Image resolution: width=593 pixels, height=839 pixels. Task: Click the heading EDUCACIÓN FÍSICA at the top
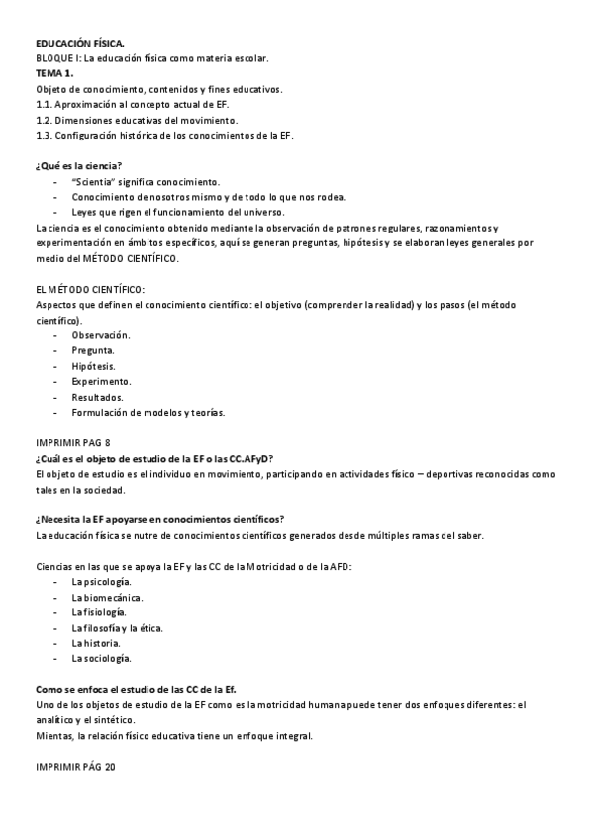(x=80, y=45)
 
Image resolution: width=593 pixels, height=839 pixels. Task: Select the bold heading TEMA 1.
(x=55, y=73)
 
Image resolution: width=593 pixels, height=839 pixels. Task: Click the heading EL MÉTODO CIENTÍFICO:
(x=89, y=289)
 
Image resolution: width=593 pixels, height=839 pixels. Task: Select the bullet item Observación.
(x=101, y=335)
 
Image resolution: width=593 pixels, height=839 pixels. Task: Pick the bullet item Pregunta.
(x=93, y=350)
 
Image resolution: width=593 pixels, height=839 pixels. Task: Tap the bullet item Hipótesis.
(x=94, y=366)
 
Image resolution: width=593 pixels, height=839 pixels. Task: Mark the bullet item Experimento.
(x=101, y=381)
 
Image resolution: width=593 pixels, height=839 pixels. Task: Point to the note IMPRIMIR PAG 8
(x=73, y=443)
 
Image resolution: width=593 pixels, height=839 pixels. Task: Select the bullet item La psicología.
(x=101, y=582)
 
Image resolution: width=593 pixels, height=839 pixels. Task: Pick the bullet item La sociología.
(x=101, y=658)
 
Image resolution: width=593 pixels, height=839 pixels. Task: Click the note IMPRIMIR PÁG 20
(x=75, y=767)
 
